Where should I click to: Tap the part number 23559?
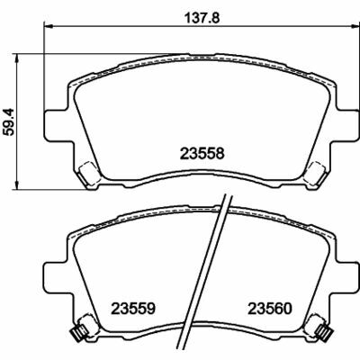point(133,306)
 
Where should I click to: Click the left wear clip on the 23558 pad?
point(89,172)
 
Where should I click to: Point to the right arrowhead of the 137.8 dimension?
point(348,29)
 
